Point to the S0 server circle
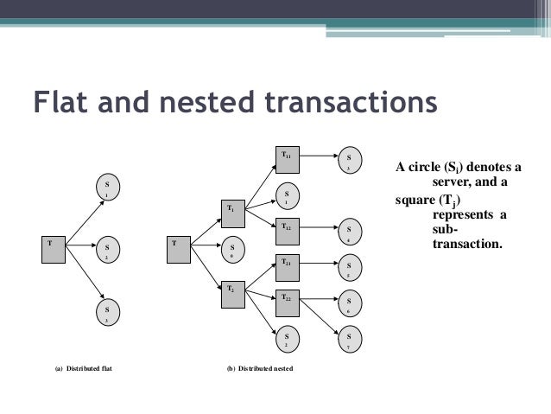pyautogui.click(x=232, y=250)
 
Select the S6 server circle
pyautogui.click(x=347, y=303)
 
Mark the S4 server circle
pyautogui.click(x=347, y=232)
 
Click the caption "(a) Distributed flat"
pyautogui.click(x=85, y=369)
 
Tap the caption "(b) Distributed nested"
pyautogui.click(x=259, y=369)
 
